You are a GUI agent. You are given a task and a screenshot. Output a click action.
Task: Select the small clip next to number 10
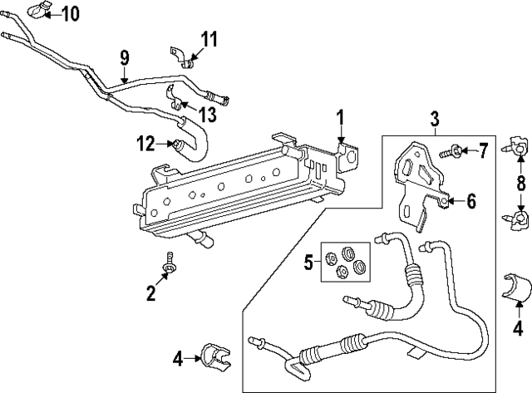coord(38,10)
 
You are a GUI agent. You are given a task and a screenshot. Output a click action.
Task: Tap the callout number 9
coord(124,58)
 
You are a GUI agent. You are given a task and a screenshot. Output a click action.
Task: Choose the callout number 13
coord(205,112)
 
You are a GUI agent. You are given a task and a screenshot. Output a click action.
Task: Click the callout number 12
coord(146,145)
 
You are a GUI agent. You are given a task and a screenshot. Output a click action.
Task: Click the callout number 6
coord(470,200)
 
